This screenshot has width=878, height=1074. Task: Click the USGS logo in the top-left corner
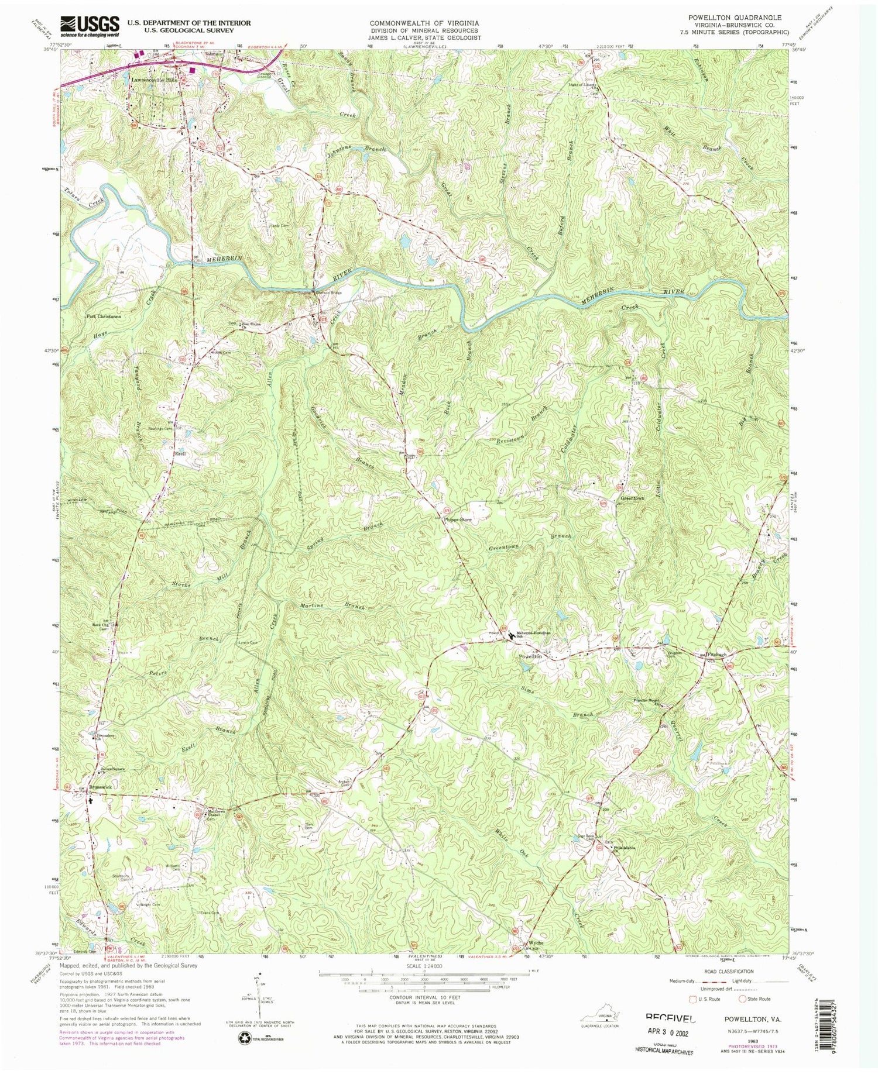94,26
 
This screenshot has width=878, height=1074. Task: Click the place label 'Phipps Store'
457,519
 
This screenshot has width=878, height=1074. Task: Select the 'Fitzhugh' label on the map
717,654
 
